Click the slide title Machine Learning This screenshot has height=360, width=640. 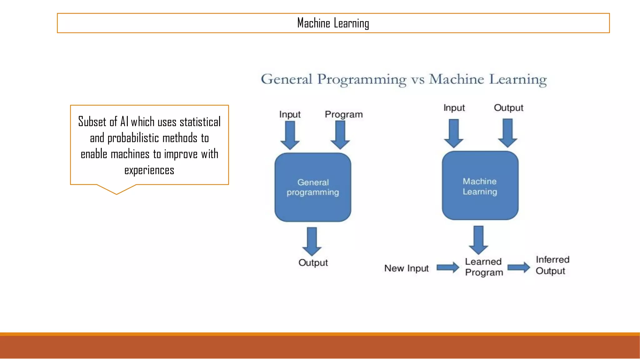(333, 23)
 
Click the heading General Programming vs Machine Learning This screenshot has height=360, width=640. (404, 79)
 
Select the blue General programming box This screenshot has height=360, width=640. (313, 187)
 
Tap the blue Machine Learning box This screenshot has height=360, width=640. (480, 186)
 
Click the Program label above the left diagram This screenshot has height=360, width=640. (344, 114)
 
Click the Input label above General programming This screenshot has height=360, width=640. (290, 114)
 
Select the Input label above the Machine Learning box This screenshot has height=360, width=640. (454, 108)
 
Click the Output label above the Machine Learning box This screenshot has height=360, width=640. (508, 108)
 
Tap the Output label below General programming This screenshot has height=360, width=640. (313, 263)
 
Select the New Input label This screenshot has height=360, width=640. (406, 268)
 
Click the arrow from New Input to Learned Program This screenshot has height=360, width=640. (447, 268)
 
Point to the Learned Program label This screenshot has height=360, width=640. (484, 267)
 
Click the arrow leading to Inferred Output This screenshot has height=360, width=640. (518, 267)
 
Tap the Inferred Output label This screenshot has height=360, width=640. (552, 265)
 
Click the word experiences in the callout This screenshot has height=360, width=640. (149, 170)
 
